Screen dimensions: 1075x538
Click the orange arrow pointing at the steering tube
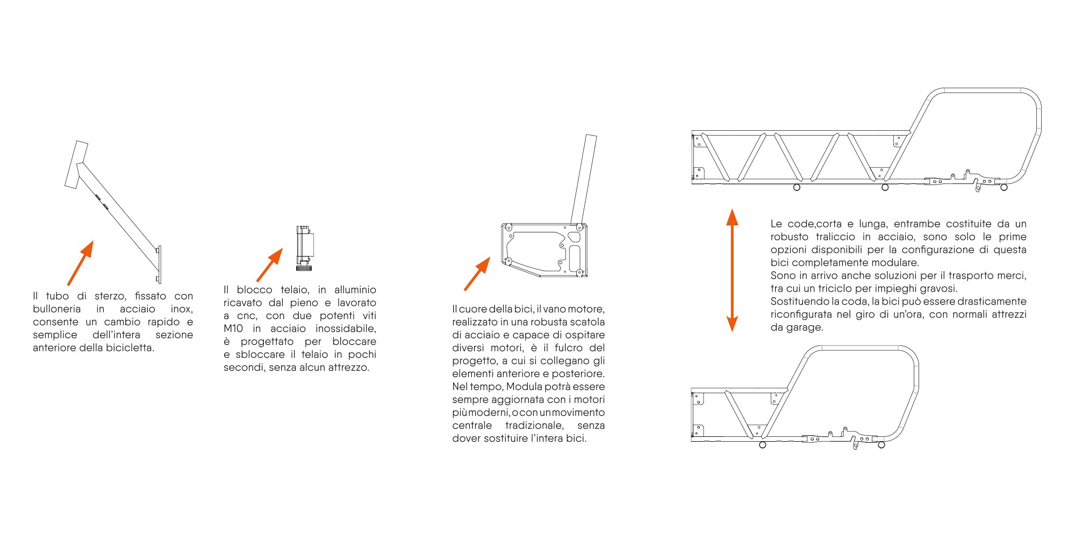(81, 263)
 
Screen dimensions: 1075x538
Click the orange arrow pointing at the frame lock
(270, 265)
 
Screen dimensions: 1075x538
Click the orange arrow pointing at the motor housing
(477, 274)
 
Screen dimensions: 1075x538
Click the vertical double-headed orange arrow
(732, 270)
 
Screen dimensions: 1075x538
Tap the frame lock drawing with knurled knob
(304, 248)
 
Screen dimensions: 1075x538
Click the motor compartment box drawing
(544, 250)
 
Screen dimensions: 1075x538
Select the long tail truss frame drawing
(866, 140)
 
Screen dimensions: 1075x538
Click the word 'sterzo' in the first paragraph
(109, 296)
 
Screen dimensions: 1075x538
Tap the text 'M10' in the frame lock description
(233, 329)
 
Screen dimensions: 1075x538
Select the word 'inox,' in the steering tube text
(182, 309)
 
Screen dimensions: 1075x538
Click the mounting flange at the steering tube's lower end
(159, 264)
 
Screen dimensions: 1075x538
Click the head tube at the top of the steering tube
(76, 165)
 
